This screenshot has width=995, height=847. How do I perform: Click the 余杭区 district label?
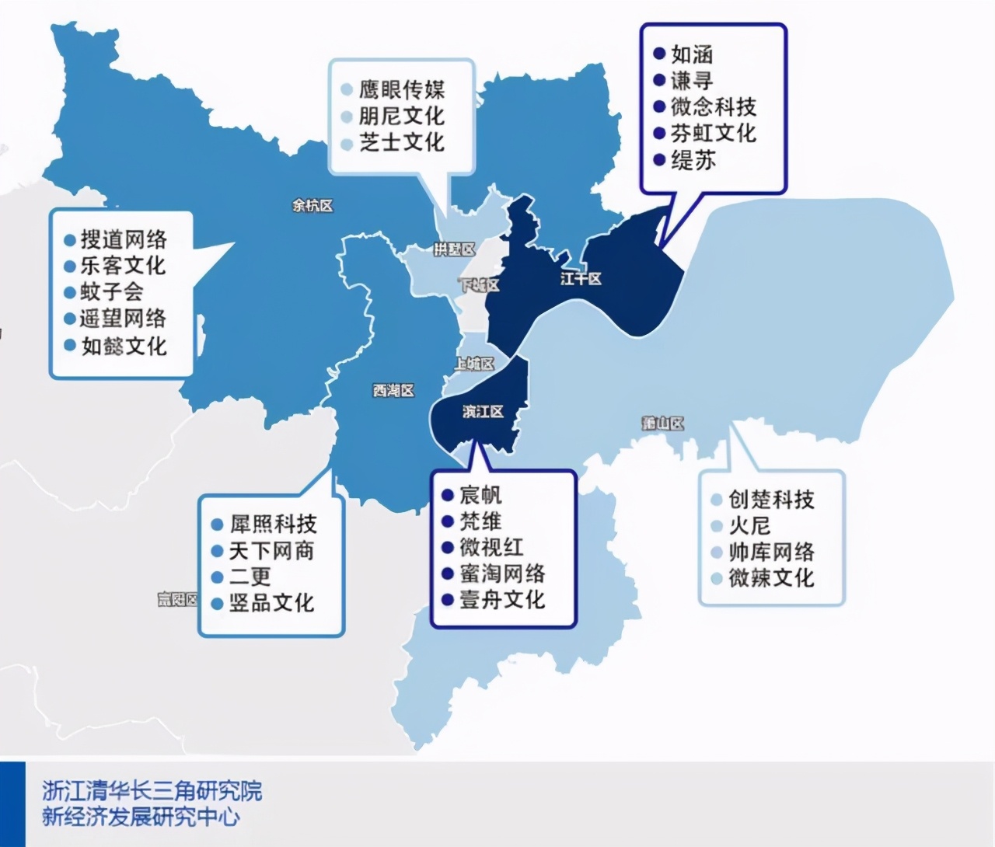click(x=312, y=206)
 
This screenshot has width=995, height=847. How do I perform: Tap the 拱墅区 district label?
click(x=454, y=249)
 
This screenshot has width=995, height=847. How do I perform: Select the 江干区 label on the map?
click(x=581, y=278)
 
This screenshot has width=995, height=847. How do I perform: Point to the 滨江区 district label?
click(x=483, y=411)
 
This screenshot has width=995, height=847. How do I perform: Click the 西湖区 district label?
click(x=393, y=390)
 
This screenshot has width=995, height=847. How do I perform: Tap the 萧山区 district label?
click(x=663, y=423)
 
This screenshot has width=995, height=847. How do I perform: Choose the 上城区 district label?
click(x=474, y=363)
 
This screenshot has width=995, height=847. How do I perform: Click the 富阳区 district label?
click(x=178, y=599)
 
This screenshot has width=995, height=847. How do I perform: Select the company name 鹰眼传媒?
click(x=402, y=89)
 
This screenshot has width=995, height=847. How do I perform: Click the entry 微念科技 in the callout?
click(x=714, y=106)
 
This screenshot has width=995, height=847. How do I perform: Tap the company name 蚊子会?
click(x=112, y=292)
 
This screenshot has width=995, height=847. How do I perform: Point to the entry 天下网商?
click(x=272, y=551)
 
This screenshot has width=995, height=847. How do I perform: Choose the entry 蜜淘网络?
click(x=502, y=573)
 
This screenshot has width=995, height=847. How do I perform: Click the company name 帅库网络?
click(x=771, y=552)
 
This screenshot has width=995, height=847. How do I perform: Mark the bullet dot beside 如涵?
click(x=659, y=54)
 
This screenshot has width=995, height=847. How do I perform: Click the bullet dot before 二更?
click(x=218, y=577)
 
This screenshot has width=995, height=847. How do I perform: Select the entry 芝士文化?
click(x=402, y=142)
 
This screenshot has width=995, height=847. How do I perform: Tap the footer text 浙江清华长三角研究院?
click(x=152, y=791)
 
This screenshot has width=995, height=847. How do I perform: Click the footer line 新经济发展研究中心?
click(x=141, y=817)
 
